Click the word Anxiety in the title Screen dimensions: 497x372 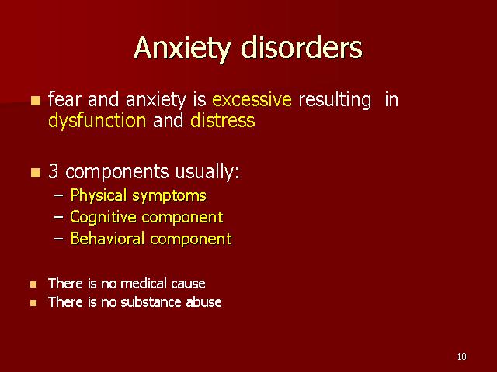182,48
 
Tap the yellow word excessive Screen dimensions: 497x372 252,99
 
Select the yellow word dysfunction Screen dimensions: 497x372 97,121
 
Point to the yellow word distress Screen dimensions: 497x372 223,120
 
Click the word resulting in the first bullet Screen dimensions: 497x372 335,100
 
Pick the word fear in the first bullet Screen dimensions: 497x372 64,99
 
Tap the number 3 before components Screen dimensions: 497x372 54,171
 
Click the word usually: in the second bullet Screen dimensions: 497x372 207,172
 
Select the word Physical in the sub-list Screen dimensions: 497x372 99,195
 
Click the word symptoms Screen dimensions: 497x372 169,196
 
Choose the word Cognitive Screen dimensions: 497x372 103,217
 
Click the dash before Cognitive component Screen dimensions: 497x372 59,218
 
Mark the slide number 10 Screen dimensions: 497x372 461,356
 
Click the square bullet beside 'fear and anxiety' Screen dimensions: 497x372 36,101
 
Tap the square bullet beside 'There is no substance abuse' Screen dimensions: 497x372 33,303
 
